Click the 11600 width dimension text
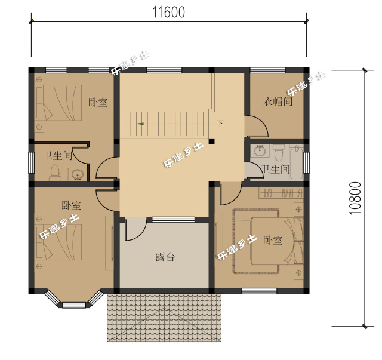click(x=168, y=13)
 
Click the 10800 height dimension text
click(x=355, y=198)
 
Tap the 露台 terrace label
click(x=165, y=257)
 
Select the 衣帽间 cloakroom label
click(x=278, y=101)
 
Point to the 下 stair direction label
click(x=220, y=123)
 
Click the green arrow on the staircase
click(x=140, y=124)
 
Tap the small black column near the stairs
click(x=211, y=141)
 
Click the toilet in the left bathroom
click(x=56, y=173)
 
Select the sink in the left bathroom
click(x=78, y=174)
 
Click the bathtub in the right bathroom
click(x=297, y=162)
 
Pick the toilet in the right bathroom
click(x=279, y=152)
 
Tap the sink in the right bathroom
click(x=260, y=151)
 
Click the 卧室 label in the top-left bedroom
click(x=98, y=103)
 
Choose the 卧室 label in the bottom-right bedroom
click(x=273, y=241)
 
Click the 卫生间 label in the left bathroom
click(x=58, y=155)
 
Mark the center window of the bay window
click(x=74, y=305)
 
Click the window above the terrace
click(x=174, y=220)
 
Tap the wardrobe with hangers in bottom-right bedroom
click(x=281, y=193)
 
